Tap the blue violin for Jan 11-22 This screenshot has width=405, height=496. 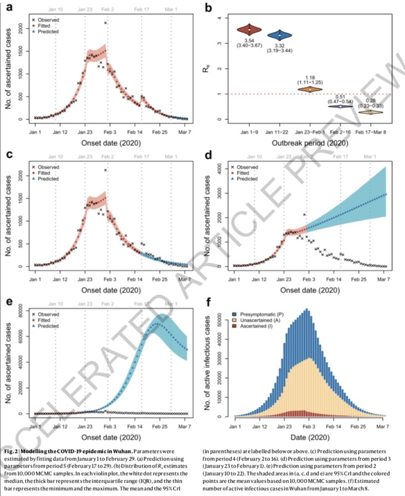coord(280,35)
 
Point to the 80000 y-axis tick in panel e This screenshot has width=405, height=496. coord(21,313)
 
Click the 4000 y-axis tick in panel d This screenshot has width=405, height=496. coord(223,169)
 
